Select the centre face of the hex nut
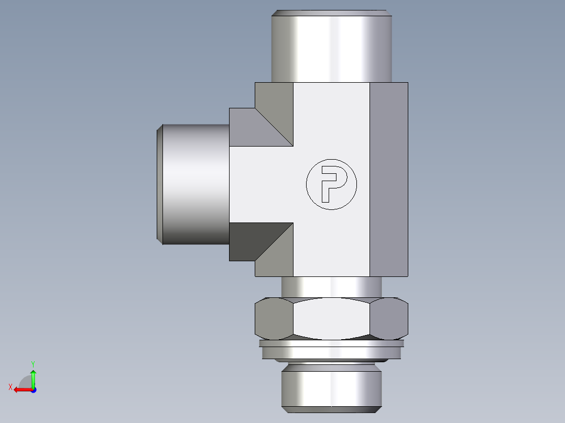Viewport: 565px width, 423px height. coord(331,318)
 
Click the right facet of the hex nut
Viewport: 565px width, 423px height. coord(389,318)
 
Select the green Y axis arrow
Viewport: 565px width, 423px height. coord(33,377)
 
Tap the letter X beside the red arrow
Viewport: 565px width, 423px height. coord(10,387)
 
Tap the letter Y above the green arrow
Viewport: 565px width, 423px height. coord(33,363)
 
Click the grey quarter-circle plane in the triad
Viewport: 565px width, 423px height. coord(26,382)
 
